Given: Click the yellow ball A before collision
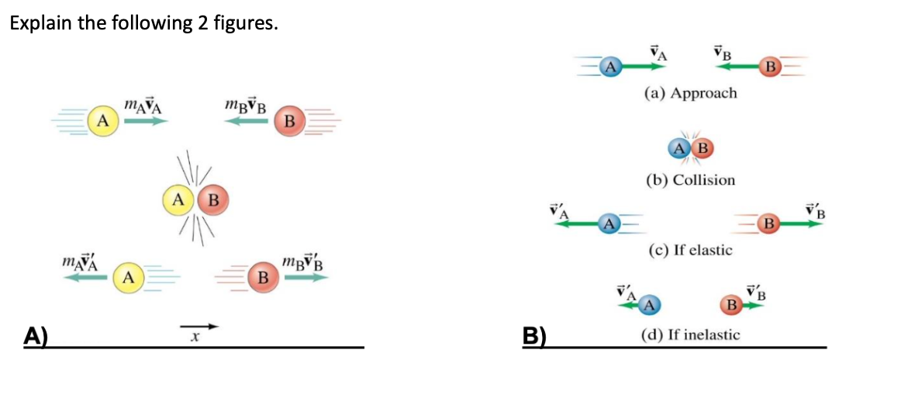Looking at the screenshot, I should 102,120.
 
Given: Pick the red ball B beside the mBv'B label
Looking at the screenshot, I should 263,276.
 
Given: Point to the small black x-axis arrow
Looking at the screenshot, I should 199,326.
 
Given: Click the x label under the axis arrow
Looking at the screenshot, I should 196,338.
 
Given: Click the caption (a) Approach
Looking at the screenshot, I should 690,93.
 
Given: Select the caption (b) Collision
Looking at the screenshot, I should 690,180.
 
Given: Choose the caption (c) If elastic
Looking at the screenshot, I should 690,251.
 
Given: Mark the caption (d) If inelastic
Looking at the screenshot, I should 690,334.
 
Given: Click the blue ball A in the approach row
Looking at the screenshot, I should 611,66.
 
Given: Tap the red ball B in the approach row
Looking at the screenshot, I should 770,66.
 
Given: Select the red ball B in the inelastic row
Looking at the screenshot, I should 730,304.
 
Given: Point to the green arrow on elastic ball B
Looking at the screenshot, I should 802,224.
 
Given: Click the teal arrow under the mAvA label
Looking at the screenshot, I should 146,120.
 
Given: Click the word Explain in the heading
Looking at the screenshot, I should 36,23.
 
